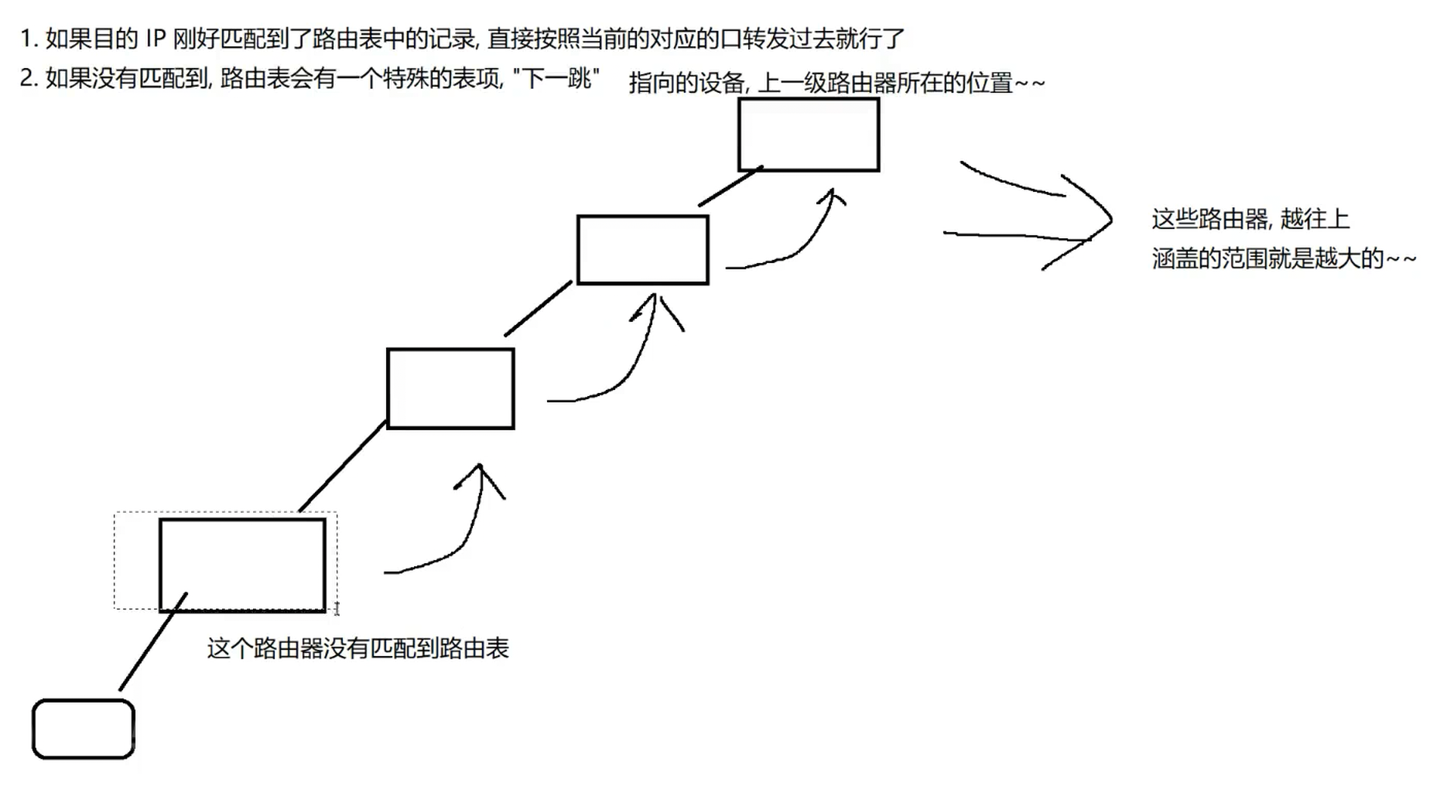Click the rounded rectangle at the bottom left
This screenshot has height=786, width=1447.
pyautogui.click(x=84, y=729)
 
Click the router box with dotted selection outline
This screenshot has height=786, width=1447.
pyautogui.click(x=242, y=565)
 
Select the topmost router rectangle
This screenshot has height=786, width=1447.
pyautogui.click(x=809, y=135)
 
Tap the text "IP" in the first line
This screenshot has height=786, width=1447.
pyautogui.click(x=156, y=39)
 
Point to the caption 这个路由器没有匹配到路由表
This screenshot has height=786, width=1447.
pyautogui.click(x=357, y=648)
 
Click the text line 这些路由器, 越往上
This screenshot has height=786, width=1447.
pyautogui.click(x=1250, y=220)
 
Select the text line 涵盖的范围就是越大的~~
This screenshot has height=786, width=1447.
pyautogui.click(x=1283, y=258)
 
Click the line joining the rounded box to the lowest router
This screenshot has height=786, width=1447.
pyautogui.click(x=153, y=641)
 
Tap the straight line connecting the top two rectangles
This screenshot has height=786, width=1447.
pyautogui.click(x=729, y=186)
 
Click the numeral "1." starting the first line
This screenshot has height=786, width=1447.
pyautogui.click(x=29, y=39)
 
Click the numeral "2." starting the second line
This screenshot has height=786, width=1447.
pyautogui.click(x=29, y=78)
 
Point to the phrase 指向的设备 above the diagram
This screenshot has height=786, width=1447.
pyautogui.click(x=686, y=83)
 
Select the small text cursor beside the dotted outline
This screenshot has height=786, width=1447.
pyautogui.click(x=337, y=610)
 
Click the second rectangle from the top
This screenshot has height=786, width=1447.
pyautogui.click(x=642, y=250)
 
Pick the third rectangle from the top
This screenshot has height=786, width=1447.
pyautogui.click(x=450, y=388)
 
